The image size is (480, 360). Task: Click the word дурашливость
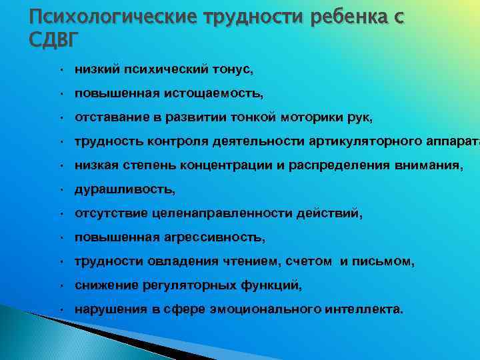click(125, 190)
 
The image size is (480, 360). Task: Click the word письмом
click(387, 263)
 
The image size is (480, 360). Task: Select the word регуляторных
click(185, 287)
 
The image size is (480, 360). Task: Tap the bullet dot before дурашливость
click(61, 191)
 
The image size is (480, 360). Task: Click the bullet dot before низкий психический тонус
click(61, 69)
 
